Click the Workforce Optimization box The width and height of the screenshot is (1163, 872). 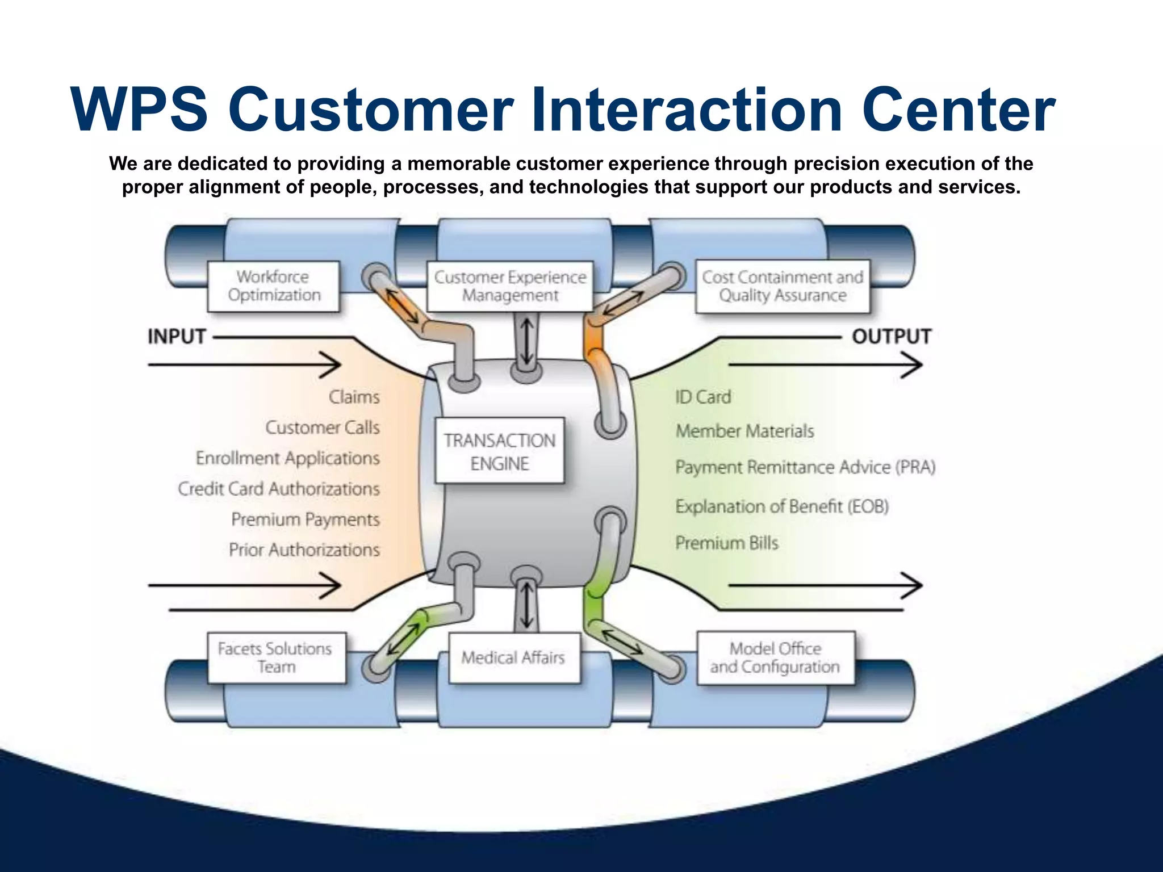tap(274, 286)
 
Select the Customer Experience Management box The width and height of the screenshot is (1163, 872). tap(509, 286)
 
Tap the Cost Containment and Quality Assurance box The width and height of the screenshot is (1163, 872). tap(783, 286)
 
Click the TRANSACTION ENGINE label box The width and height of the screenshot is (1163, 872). tap(499, 451)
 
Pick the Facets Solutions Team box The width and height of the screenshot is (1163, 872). tap(276, 657)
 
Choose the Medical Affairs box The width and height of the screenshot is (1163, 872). tap(513, 657)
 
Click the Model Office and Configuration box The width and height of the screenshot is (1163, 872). tap(775, 657)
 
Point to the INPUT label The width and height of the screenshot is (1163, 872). tap(177, 336)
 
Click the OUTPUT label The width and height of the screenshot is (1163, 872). tap(891, 336)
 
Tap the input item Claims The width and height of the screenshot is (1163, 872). tap(354, 397)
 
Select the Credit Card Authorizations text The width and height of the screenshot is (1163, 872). tap(279, 489)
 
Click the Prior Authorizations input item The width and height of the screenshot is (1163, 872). tap(304, 550)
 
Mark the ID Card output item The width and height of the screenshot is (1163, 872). tap(703, 397)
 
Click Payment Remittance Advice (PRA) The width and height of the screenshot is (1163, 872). tap(805, 467)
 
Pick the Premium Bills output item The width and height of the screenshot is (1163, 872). tap(727, 543)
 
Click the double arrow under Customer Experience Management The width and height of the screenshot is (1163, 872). tap(527, 341)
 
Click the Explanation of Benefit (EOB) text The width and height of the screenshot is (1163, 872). tap(782, 506)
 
